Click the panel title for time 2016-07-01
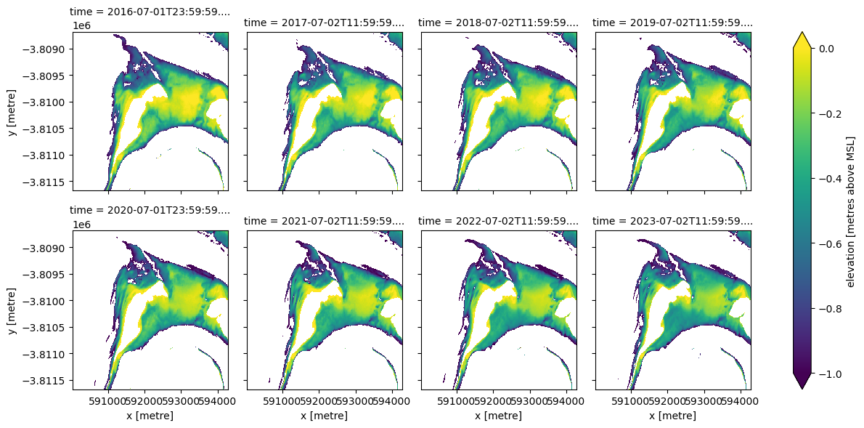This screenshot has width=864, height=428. pyautogui.click(x=150, y=12)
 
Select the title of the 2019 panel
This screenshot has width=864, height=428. pyautogui.click(x=672, y=23)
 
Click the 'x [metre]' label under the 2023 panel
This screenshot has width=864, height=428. pyautogui.click(x=672, y=415)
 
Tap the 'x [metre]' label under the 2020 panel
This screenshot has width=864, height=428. pyautogui.click(x=150, y=415)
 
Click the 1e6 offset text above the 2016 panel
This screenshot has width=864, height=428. pyautogui.click(x=81, y=26)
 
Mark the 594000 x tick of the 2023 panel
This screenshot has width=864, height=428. pyautogui.click(x=741, y=400)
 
